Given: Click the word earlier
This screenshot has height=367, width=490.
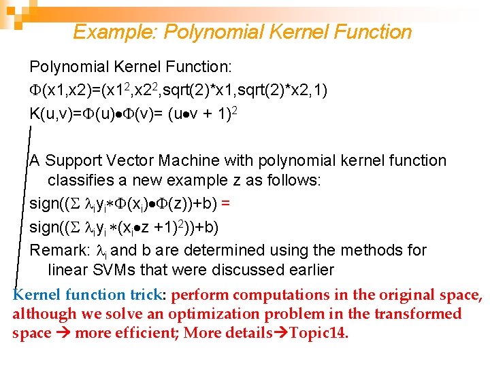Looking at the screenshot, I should tap(309, 270).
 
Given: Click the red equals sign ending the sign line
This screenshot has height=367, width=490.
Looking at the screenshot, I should tap(225, 203).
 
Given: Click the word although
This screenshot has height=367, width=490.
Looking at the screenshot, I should tap(42, 314).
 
